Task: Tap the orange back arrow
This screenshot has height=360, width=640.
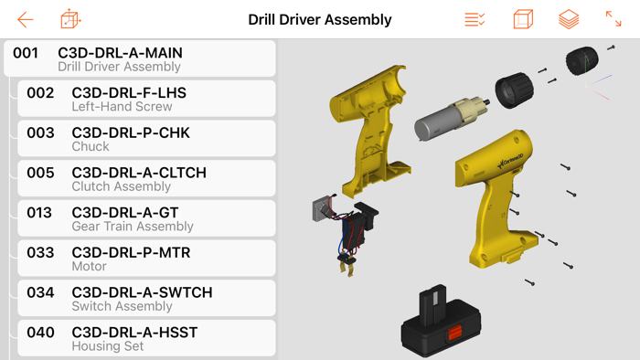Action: (26, 19)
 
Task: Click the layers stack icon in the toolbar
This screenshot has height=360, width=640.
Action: (569, 19)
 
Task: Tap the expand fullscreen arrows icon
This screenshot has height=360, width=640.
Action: (613, 19)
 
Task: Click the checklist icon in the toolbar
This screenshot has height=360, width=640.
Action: (475, 19)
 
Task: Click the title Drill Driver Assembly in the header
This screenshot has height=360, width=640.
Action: (320, 19)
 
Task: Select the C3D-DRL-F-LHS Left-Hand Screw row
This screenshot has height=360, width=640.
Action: (146, 99)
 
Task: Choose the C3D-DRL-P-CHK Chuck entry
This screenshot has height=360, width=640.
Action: (146, 139)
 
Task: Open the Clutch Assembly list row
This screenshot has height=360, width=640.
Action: (146, 178)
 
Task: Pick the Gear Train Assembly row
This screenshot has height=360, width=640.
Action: (146, 218)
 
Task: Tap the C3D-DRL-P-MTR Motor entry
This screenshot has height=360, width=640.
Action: (146, 259)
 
